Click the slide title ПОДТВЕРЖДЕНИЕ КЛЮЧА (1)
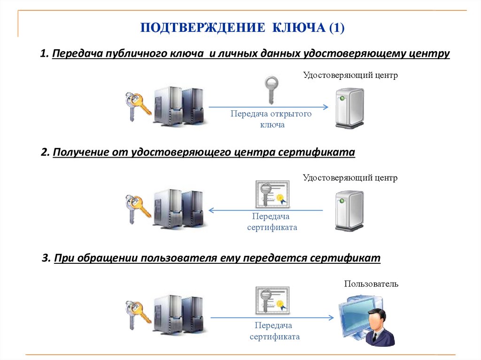pyautogui.click(x=242, y=28)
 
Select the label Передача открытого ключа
pyautogui.click(x=271, y=119)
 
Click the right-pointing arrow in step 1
pyautogui.click(x=268, y=107)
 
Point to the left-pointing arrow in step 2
pyautogui.click(x=266, y=210)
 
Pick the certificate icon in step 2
pyautogui.click(x=272, y=194)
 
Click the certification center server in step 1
pyautogui.click(x=350, y=109)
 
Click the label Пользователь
pyautogui.click(x=371, y=283)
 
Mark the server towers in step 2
pyautogui.click(x=178, y=208)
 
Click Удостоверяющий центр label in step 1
pyautogui.click(x=350, y=75)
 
